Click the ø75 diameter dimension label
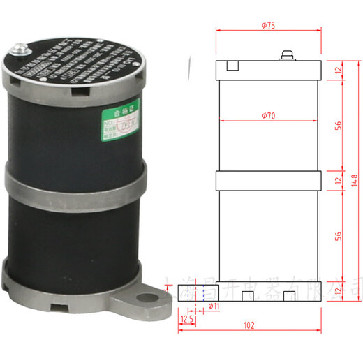269,25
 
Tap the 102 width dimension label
250,325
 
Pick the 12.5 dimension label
186,319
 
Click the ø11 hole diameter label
214,306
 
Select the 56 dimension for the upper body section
337,125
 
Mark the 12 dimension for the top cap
337,70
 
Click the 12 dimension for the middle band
337,180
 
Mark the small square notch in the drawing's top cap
233,66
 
